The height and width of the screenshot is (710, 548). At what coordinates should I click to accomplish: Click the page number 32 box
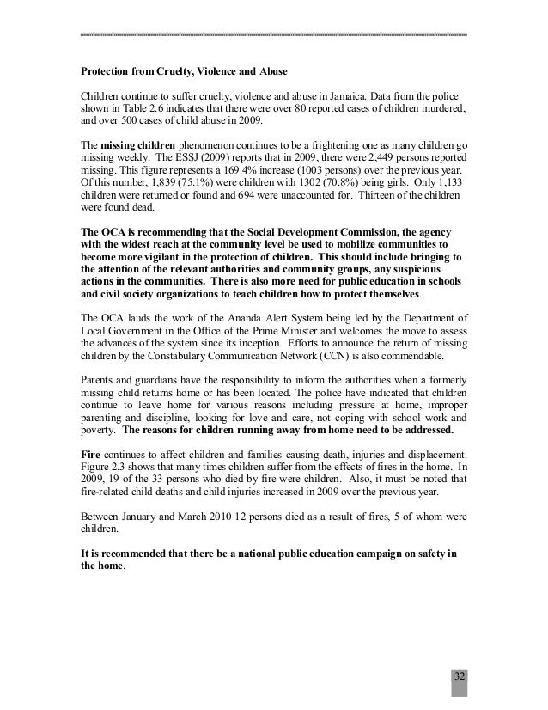(460, 675)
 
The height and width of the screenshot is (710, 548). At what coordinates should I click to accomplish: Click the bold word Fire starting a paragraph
(92, 450)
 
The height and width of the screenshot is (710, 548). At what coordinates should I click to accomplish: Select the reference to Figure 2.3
(106, 462)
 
